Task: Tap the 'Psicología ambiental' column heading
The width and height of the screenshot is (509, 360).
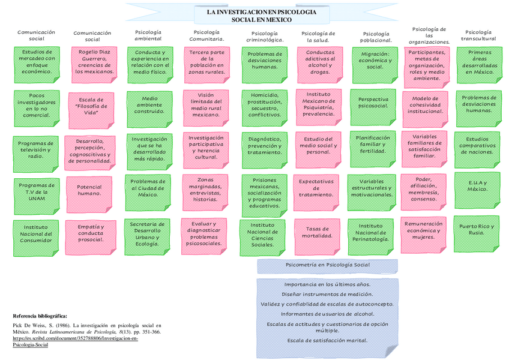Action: pyautogui.click(x=148, y=35)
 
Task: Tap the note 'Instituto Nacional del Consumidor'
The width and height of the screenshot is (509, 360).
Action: pyautogui.click(x=37, y=234)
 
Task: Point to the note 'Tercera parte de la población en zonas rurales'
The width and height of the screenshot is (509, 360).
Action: pyautogui.click(x=206, y=62)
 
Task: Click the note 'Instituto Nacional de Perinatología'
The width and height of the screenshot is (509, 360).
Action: pyautogui.click(x=370, y=233)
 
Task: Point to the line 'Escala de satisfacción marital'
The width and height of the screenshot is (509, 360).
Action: pyautogui.click(x=327, y=340)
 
